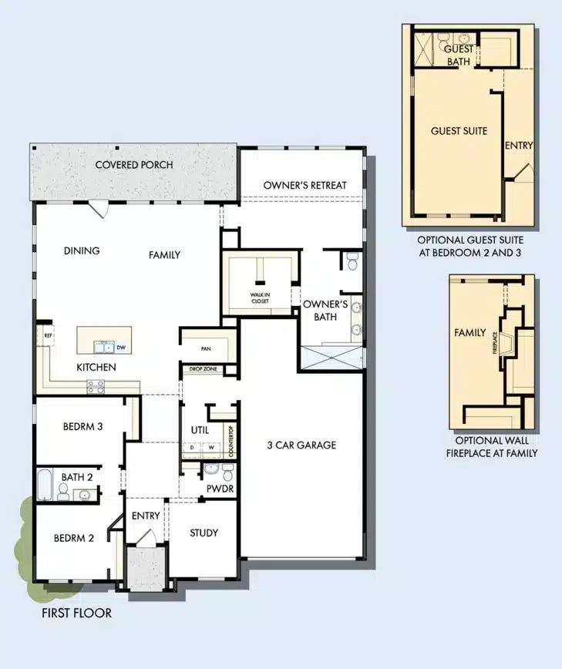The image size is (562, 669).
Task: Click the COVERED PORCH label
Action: [x=134, y=165]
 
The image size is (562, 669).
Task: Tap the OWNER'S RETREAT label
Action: [x=305, y=185]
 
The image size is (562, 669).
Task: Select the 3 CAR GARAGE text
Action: [x=301, y=445]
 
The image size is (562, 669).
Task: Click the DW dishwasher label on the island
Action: [x=121, y=348]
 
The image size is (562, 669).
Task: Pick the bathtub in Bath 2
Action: [x=45, y=485]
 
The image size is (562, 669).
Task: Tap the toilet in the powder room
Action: [x=228, y=472]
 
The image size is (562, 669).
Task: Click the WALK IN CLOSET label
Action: [x=260, y=298]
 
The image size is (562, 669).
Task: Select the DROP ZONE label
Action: [x=203, y=368]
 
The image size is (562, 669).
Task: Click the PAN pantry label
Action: [x=206, y=348]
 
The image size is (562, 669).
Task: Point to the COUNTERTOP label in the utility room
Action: [x=231, y=441]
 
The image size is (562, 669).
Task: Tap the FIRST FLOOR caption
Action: [x=77, y=613]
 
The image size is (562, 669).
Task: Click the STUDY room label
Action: [x=204, y=533]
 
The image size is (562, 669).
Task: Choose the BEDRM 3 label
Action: [x=82, y=426]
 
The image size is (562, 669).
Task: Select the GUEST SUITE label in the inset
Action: [x=459, y=131]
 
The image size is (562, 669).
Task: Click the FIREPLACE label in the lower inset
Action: [x=495, y=343]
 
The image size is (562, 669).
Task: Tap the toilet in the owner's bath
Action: [x=352, y=261]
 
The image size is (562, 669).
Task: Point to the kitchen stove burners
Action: [x=96, y=387]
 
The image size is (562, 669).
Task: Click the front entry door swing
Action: [x=146, y=536]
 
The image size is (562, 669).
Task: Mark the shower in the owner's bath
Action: [x=331, y=358]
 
